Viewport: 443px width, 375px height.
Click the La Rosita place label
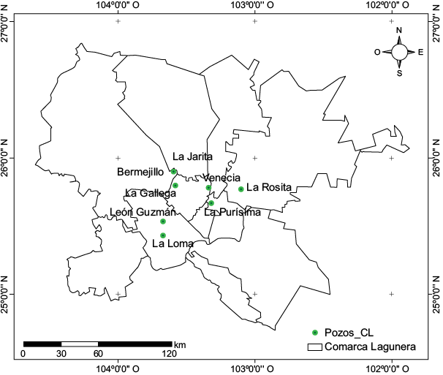(269, 187)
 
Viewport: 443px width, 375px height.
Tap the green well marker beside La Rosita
(241, 189)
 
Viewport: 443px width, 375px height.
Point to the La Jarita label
(193, 156)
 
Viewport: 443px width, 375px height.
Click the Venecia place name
(221, 178)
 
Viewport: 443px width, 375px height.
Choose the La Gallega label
(151, 193)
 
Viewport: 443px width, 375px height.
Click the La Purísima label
(232, 213)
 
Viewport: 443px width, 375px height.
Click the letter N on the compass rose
(399, 31)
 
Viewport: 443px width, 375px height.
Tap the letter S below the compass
(399, 73)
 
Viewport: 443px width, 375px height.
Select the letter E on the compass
(420, 52)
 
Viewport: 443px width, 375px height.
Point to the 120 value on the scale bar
(169, 354)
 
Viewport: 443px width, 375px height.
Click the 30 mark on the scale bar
(61, 354)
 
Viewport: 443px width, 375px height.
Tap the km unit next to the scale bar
(180, 344)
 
